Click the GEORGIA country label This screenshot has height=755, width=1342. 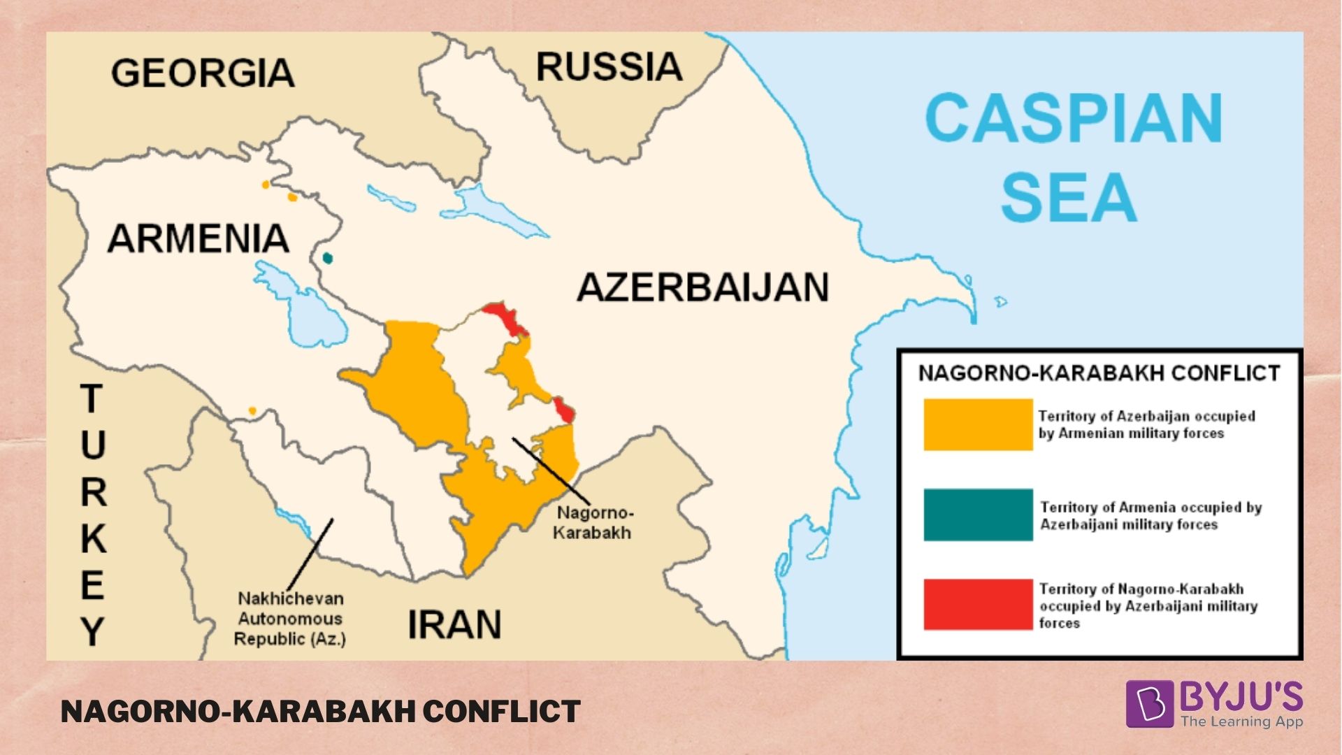[203, 73]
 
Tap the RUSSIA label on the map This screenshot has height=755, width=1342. [609, 67]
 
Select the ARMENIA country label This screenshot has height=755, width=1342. [198, 239]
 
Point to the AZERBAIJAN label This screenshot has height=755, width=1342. [702, 287]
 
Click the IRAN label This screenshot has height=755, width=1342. [454, 624]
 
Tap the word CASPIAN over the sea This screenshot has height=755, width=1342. [1074, 119]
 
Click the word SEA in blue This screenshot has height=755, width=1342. [1069, 198]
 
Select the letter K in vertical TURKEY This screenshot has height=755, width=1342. [93, 538]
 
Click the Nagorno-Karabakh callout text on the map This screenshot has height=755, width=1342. [593, 522]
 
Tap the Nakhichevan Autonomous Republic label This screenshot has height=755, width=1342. [290, 619]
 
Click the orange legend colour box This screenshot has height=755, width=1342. [978, 424]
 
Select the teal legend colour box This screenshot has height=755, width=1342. [978, 515]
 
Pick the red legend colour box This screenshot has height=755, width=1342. [978, 605]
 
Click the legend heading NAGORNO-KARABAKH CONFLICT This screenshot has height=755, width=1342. [1099, 373]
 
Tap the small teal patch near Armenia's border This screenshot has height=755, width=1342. [327, 258]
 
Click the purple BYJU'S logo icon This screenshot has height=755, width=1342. [1148, 703]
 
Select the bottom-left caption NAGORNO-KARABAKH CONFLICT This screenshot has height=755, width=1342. [320, 712]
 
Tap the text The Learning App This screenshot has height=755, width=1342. [1241, 721]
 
